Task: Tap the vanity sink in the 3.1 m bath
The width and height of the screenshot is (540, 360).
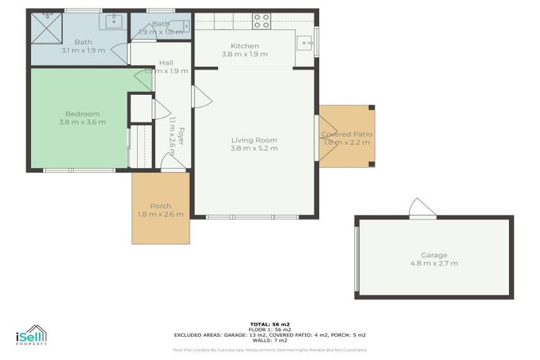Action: pyautogui.click(x=112, y=21)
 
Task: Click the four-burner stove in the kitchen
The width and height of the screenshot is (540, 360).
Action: pyautogui.click(x=262, y=21)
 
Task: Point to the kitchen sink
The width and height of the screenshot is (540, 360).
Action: pyautogui.click(x=304, y=43)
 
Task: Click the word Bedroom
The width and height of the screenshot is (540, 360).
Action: pyautogui.click(x=82, y=114)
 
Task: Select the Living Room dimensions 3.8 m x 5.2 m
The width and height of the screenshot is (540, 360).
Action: pyautogui.click(x=254, y=148)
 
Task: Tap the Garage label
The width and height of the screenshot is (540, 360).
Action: pyautogui.click(x=434, y=255)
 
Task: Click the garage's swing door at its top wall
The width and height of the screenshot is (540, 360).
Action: pyautogui.click(x=423, y=208)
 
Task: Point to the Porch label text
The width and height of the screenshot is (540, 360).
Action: pyautogui.click(x=160, y=206)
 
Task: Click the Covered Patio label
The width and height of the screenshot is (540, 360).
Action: pyautogui.click(x=347, y=134)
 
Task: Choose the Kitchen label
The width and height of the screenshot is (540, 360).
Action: pyautogui.click(x=244, y=46)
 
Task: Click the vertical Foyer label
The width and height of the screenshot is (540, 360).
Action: pyautogui.click(x=180, y=135)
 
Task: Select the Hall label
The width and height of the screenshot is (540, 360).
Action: pyautogui.click(x=166, y=63)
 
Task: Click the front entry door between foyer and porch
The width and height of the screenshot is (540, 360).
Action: pyautogui.click(x=173, y=163)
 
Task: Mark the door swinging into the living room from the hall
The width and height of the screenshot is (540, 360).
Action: pyautogui.click(x=201, y=98)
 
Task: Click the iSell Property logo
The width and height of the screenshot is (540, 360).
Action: pyautogui.click(x=31, y=335)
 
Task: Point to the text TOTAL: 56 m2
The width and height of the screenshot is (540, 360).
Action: pyautogui.click(x=269, y=324)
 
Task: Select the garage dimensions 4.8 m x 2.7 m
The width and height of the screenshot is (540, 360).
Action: pyautogui.click(x=434, y=264)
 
